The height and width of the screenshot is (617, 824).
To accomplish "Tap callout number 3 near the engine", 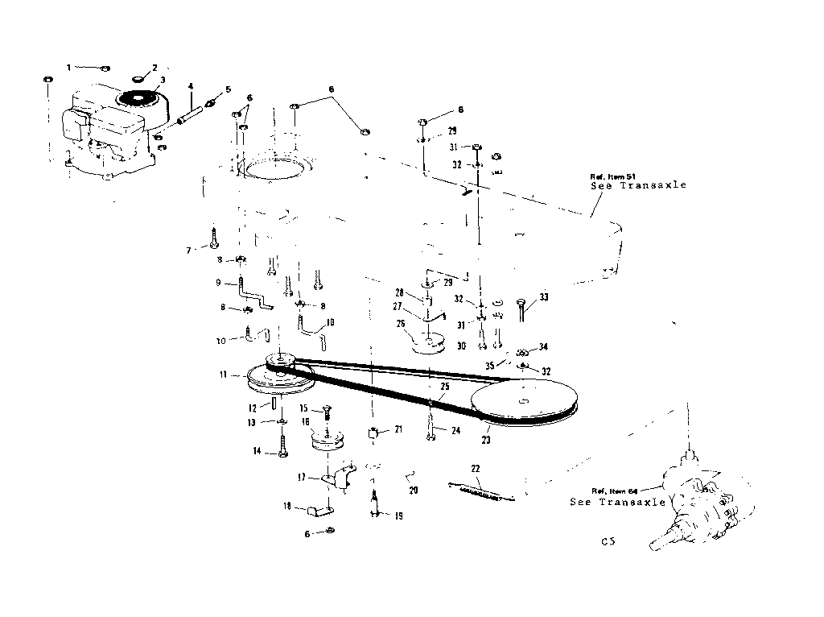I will pyautogui.click(x=163, y=81).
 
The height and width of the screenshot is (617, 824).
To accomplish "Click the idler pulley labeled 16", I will pyautogui.click(x=327, y=444).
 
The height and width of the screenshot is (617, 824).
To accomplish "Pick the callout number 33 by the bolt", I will pyautogui.click(x=544, y=297).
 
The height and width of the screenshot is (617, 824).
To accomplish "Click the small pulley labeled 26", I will pyautogui.click(x=428, y=344).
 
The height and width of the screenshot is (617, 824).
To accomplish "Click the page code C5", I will pyautogui.click(x=608, y=542).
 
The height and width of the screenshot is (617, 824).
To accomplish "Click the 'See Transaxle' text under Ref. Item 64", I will pyautogui.click(x=617, y=502).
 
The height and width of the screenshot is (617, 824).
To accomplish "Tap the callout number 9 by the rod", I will pyautogui.click(x=218, y=282).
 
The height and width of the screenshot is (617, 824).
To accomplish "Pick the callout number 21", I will pyautogui.click(x=398, y=431).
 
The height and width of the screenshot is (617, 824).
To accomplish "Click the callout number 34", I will pyautogui.click(x=544, y=347).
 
